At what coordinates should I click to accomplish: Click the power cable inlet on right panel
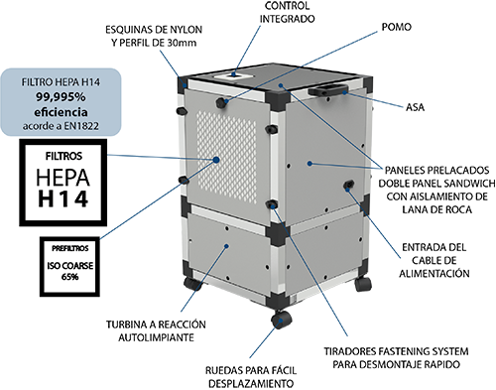click(x=347, y=189)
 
